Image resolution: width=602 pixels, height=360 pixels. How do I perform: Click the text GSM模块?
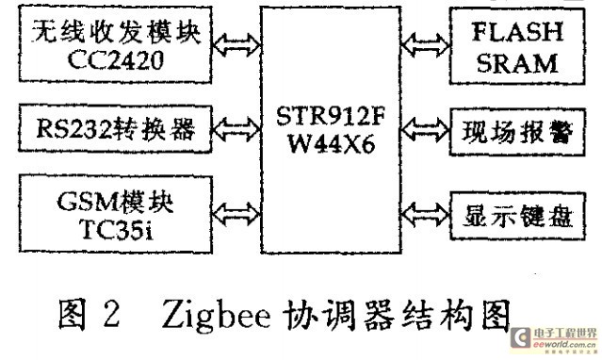point(114,205)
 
